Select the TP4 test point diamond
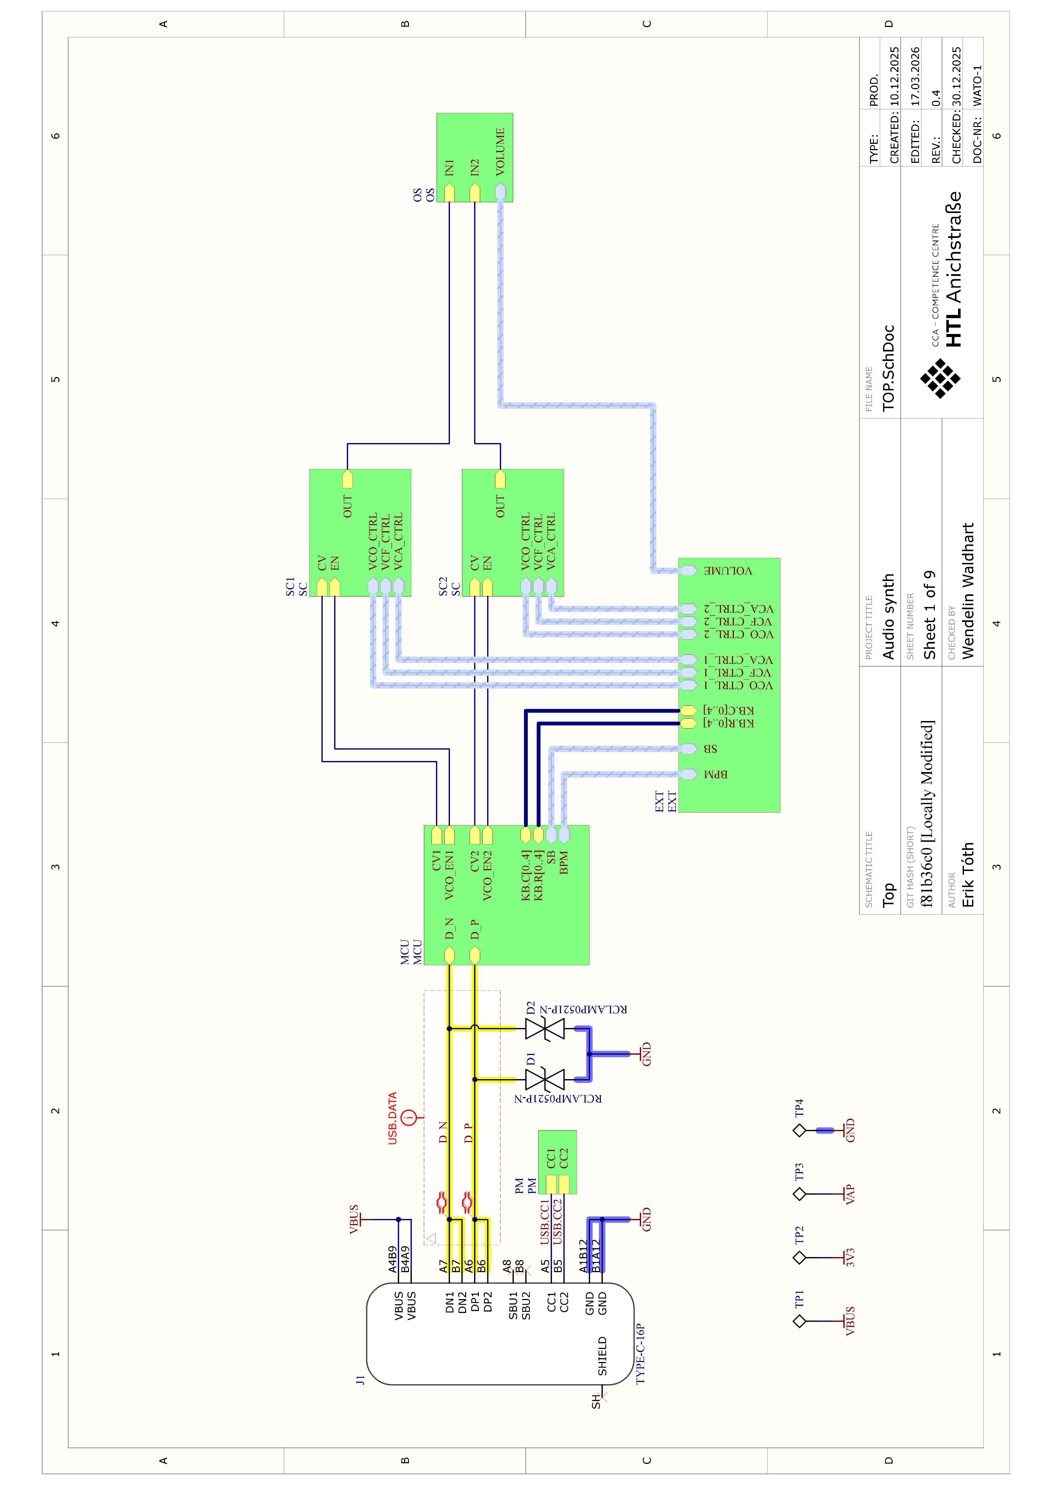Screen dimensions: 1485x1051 coord(799,1131)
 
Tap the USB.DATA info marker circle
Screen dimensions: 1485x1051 coord(409,1117)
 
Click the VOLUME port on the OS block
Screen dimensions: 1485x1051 coord(500,192)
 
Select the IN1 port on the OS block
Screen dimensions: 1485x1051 coord(449,192)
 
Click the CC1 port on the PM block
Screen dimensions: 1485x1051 coord(551,1184)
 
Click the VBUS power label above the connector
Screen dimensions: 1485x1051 coord(354,1219)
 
